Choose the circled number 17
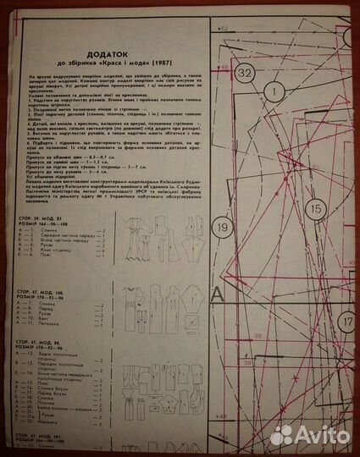click(x=346, y=322)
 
